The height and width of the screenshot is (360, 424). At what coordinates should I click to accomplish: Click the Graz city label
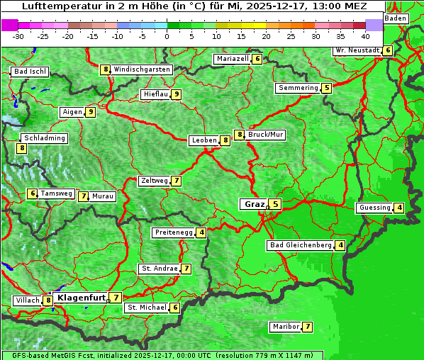(255, 204)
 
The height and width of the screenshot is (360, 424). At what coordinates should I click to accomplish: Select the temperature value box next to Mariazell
(257, 59)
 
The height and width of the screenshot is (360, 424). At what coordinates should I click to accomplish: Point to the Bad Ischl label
(30, 72)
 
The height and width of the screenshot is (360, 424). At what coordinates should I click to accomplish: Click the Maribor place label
(285, 327)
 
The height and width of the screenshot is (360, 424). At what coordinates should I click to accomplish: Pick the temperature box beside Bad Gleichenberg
(341, 245)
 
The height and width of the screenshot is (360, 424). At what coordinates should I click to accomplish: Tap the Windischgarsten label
(142, 69)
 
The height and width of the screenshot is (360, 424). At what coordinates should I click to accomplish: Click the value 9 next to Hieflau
(176, 94)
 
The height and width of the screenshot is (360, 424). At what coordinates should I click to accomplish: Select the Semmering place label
(299, 88)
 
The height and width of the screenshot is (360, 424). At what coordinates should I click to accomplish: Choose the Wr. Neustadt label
(357, 50)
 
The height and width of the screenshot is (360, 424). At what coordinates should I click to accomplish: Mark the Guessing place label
(375, 208)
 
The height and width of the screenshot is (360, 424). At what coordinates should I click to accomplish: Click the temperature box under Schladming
(22, 148)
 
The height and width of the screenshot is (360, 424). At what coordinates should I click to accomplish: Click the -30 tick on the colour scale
(18, 36)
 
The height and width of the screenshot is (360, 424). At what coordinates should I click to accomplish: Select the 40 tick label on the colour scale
(365, 36)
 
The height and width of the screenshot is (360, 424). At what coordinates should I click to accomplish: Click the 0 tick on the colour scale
(167, 36)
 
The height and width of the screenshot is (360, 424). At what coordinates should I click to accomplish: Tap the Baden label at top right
(396, 18)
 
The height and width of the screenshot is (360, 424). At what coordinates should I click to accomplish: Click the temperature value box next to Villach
(48, 300)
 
